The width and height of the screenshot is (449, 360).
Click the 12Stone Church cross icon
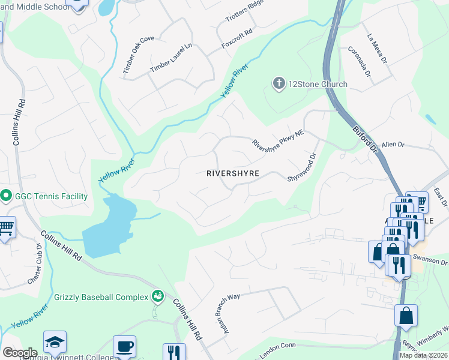click(x=278, y=83)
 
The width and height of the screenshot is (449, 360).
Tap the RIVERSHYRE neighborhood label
click(x=232, y=173)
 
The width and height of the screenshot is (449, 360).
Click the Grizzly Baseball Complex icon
click(x=158, y=295)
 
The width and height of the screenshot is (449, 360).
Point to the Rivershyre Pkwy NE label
click(x=278, y=137)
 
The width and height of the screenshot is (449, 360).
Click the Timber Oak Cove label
click(x=139, y=55)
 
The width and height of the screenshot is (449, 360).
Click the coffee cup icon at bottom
click(x=124, y=346)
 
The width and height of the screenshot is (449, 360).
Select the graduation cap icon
click(x=55, y=342)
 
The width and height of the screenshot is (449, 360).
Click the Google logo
click(x=20, y=353)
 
